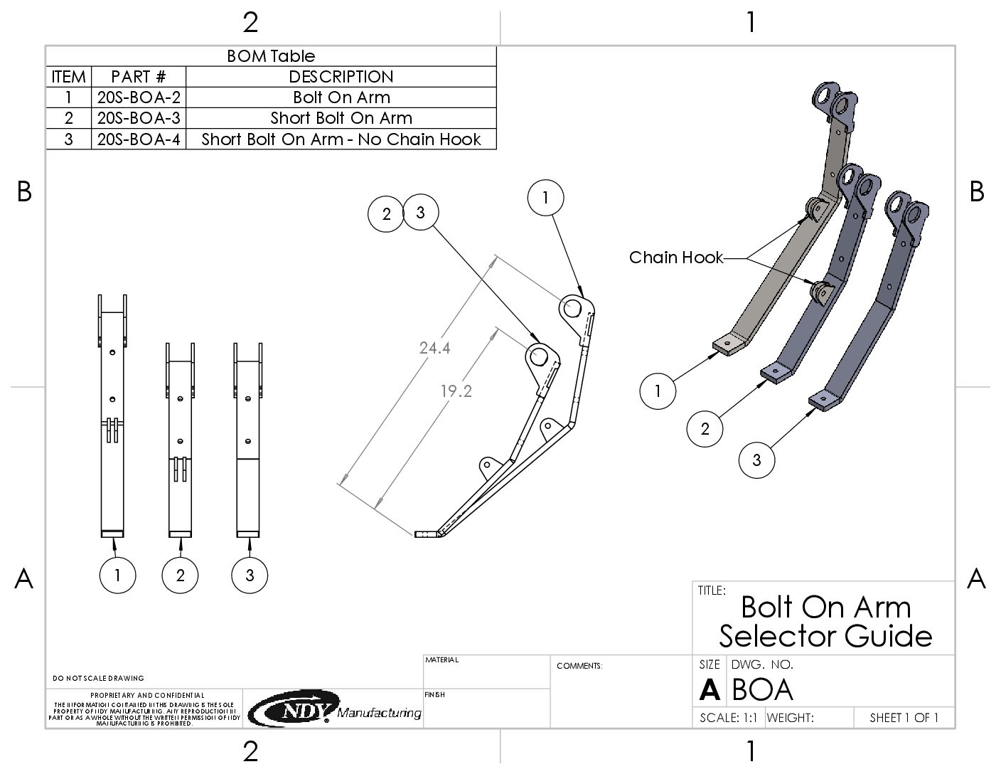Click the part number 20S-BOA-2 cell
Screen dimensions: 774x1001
click(x=139, y=97)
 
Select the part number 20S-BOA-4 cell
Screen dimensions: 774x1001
click(x=139, y=139)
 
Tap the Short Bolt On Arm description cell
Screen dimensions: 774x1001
click(x=341, y=118)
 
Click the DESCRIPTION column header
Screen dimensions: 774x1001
click(x=341, y=77)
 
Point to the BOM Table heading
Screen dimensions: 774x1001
click(x=271, y=56)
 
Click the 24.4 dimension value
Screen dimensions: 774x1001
click(x=434, y=348)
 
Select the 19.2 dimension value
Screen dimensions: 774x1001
click(x=456, y=391)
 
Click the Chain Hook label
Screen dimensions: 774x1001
click(x=675, y=258)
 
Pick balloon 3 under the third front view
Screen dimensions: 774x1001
click(x=250, y=575)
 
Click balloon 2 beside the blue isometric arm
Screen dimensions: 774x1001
click(x=705, y=428)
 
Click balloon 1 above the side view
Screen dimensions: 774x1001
click(x=546, y=198)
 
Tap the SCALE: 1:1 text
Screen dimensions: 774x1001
click(x=728, y=718)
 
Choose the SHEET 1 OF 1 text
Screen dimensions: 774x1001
click(x=904, y=718)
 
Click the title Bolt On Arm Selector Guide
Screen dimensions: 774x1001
click(x=825, y=621)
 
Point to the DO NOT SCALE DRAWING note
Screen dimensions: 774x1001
click(x=99, y=678)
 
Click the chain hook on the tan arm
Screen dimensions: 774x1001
click(x=814, y=210)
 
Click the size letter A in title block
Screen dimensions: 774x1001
click(x=709, y=690)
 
